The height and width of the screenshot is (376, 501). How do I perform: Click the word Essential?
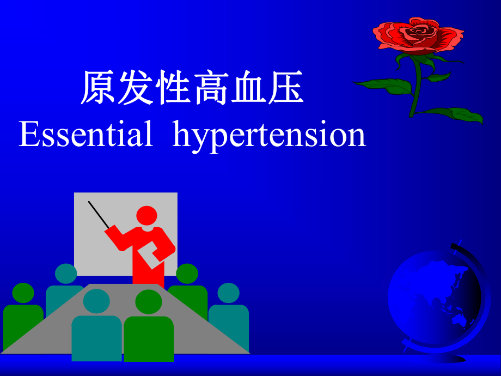tap(86, 135)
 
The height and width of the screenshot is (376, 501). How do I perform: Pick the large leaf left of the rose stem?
tap(384, 85)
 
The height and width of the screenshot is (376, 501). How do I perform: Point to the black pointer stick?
tap(99, 215)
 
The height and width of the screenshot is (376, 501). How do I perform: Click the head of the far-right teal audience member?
tap(228, 293)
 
